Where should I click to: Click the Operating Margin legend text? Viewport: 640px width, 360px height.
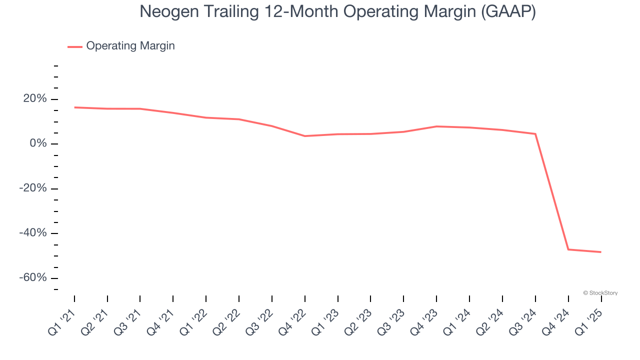click(x=130, y=46)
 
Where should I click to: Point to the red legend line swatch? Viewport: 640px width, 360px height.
click(x=75, y=46)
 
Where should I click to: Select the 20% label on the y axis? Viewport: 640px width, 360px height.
click(x=35, y=99)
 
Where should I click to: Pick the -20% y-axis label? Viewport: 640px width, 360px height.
click(x=33, y=188)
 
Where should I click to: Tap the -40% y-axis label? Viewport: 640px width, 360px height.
click(x=33, y=233)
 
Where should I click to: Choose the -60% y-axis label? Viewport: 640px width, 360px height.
click(x=33, y=278)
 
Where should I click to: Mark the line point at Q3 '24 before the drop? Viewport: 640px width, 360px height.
click(x=535, y=134)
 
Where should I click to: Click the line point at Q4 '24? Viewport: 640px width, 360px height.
click(x=568, y=249)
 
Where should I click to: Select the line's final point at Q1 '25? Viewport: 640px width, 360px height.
click(x=601, y=252)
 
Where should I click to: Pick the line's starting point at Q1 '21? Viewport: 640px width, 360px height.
click(x=74, y=107)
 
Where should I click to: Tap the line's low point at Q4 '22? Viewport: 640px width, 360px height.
click(x=305, y=136)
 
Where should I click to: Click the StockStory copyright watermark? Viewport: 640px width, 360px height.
click(x=600, y=293)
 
